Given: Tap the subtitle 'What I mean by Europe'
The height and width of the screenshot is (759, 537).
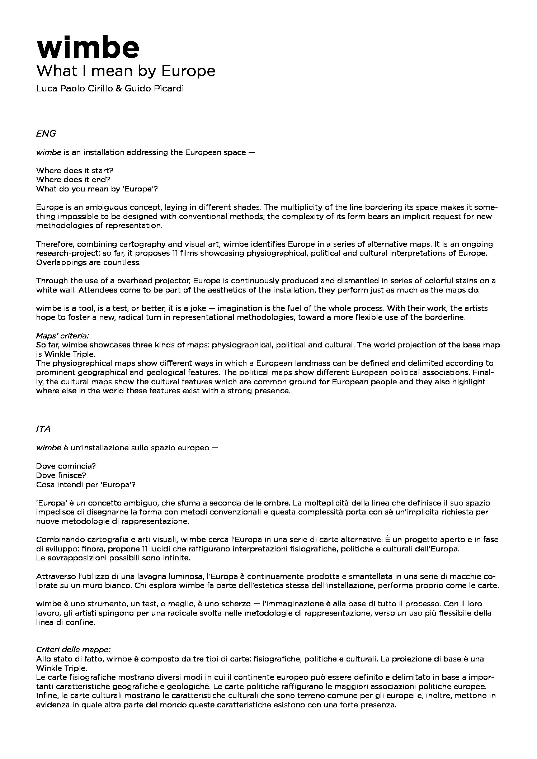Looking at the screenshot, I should click(126, 71).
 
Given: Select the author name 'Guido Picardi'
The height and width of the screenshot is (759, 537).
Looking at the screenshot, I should click(154, 89).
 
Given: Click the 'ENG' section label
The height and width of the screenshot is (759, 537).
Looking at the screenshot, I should click(46, 134).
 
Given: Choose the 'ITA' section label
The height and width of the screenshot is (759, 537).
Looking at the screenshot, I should click(43, 429).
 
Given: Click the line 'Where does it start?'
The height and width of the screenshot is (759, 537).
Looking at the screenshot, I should click(75, 170).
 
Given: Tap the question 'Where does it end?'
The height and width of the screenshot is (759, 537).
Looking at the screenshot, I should click(73, 179).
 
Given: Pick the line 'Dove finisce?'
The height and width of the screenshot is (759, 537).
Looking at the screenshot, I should click(61, 475).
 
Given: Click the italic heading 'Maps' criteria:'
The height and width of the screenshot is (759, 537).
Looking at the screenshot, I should click(62, 336).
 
